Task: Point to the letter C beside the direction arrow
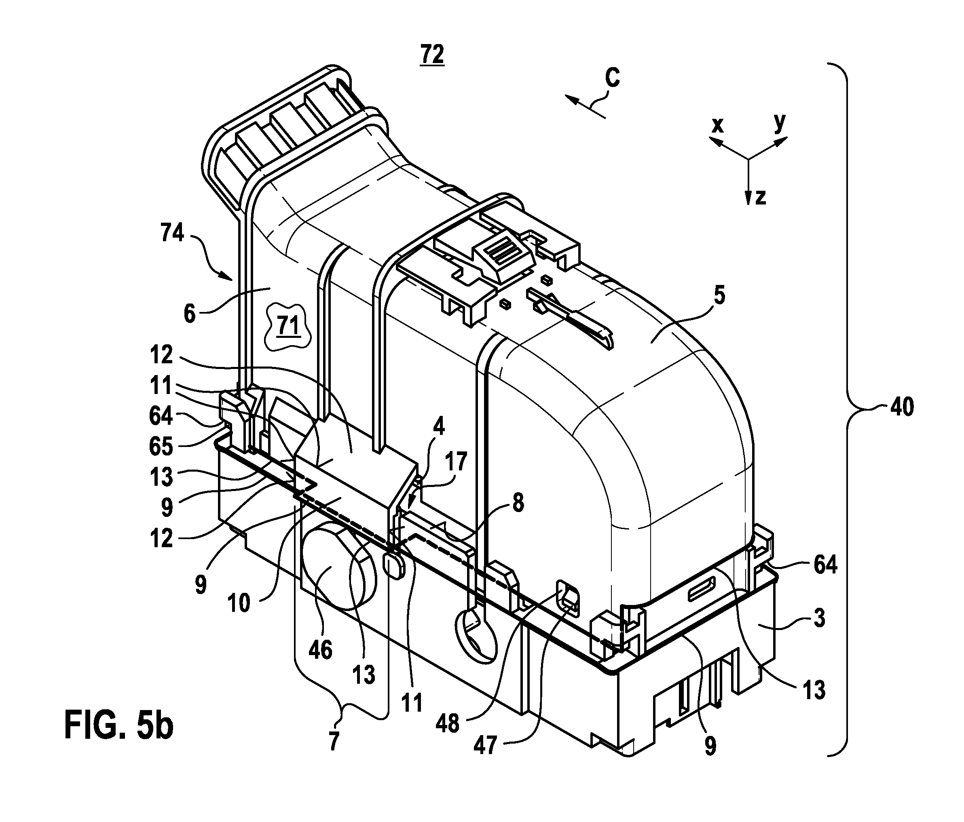pos(613,78)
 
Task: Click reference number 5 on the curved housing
pos(719,296)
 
